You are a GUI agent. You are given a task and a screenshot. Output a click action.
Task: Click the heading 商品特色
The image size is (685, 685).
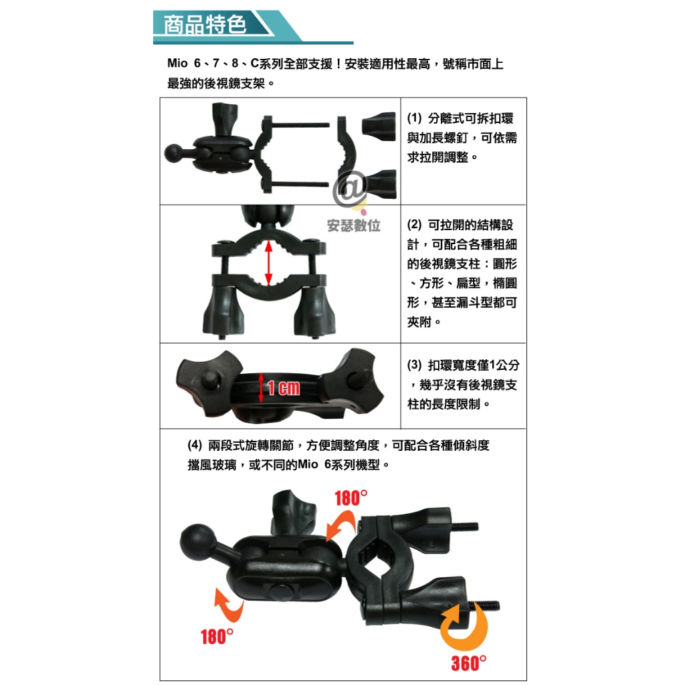click(205, 25)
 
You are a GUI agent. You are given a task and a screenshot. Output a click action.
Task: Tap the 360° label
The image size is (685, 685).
click(469, 663)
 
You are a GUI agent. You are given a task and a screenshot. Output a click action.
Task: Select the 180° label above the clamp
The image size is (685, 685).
click(351, 498)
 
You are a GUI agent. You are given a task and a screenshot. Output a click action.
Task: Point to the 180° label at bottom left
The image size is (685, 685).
click(217, 637)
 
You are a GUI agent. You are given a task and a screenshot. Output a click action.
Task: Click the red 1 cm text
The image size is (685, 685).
click(284, 388)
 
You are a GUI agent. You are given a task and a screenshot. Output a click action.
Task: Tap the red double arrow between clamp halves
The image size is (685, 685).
click(269, 264)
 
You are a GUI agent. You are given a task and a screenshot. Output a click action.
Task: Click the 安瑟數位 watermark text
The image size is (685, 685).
click(353, 225)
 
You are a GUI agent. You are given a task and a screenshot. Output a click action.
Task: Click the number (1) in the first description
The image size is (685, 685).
click(414, 118)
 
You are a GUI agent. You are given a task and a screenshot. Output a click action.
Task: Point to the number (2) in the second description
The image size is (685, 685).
click(414, 225)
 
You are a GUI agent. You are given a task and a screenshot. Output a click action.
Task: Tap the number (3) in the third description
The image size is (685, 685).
click(414, 365)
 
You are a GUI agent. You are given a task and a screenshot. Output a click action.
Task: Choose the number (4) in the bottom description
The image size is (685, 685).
click(195, 445)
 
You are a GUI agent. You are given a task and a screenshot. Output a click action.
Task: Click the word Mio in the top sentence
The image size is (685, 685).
click(177, 64)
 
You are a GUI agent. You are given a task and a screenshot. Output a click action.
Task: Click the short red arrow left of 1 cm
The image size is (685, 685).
click(261, 387)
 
